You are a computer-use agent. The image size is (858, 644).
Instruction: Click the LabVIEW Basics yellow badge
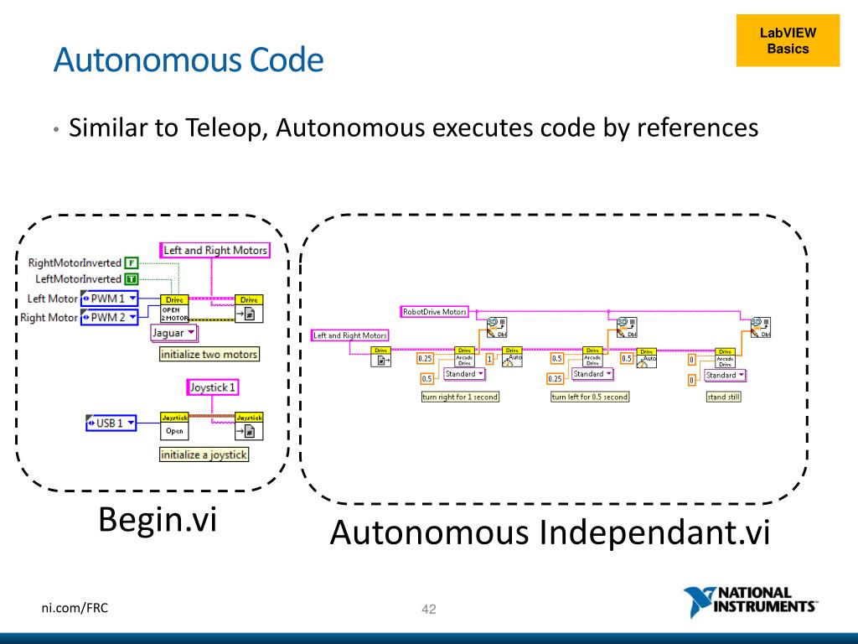(x=788, y=41)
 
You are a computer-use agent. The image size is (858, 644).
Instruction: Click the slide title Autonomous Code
(x=188, y=60)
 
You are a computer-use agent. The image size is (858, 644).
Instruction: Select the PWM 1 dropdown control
(x=109, y=299)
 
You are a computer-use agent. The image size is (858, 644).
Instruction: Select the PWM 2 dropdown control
(x=109, y=317)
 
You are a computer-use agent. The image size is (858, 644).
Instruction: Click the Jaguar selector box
(x=174, y=333)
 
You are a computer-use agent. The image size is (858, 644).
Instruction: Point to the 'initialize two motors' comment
(x=209, y=355)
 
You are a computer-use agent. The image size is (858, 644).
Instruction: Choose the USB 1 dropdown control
(x=111, y=423)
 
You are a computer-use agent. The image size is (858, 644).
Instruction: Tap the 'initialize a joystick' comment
(x=204, y=454)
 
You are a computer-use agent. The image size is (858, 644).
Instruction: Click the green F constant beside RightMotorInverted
(x=131, y=263)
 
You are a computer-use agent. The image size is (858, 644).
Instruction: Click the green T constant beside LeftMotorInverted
(x=131, y=278)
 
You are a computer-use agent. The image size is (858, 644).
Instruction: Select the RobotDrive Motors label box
(x=434, y=311)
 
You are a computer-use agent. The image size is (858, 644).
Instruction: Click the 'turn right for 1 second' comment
(x=459, y=397)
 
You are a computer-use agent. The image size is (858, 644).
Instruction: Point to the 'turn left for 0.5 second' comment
(x=589, y=397)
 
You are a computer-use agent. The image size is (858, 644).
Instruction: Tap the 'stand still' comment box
(x=723, y=397)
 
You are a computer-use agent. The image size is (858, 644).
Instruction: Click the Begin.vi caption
(x=158, y=520)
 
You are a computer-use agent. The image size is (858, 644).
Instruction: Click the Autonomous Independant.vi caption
(x=549, y=533)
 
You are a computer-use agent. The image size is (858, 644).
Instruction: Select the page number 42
(x=429, y=609)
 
